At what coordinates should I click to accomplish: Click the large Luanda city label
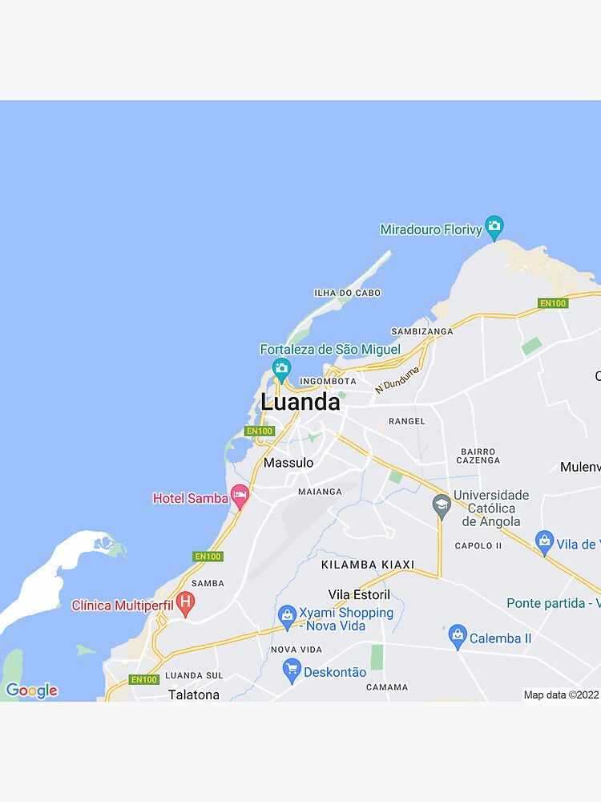click(x=300, y=402)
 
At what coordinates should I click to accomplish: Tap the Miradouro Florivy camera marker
click(x=494, y=228)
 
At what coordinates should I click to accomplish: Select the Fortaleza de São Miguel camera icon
click(x=280, y=369)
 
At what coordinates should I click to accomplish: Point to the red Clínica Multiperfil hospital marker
click(x=185, y=603)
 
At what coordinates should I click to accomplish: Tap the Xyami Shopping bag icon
click(x=287, y=617)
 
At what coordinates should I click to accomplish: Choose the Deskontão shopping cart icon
click(x=292, y=670)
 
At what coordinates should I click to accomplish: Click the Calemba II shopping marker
click(x=458, y=637)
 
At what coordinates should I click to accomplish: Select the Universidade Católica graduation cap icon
click(x=441, y=505)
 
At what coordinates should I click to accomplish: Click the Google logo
click(x=31, y=691)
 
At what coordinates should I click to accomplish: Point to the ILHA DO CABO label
click(x=348, y=293)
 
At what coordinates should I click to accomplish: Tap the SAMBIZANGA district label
click(x=422, y=331)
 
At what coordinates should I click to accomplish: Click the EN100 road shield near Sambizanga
click(x=553, y=303)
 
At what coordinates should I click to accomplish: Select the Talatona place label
click(x=194, y=695)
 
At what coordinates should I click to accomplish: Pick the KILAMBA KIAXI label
click(x=368, y=565)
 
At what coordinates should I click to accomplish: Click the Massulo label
click(x=288, y=463)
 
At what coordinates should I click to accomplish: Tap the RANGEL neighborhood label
click(x=406, y=421)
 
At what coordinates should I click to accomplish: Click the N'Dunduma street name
click(x=397, y=379)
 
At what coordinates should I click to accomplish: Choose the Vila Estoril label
click(x=359, y=594)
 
